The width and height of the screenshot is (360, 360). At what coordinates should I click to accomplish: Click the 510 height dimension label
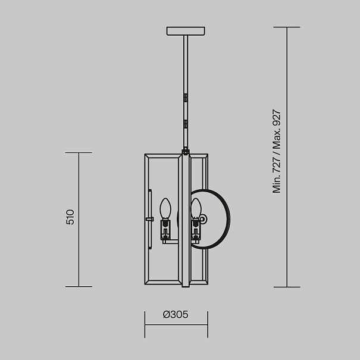point(70,217)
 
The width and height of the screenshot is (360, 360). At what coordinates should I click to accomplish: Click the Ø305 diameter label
point(176,314)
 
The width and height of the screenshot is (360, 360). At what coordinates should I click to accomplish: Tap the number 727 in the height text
point(277,165)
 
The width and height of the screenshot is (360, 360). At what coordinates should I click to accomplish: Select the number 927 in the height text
point(277,118)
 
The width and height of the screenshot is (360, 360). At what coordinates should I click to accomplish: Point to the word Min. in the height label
point(277,184)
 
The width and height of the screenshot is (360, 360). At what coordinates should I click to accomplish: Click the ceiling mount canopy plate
point(186,31)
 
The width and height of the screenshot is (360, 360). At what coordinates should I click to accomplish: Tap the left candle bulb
point(165,208)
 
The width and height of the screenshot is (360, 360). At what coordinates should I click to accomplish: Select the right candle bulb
point(196,208)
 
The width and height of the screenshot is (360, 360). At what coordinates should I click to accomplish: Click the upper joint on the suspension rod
point(186,98)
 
